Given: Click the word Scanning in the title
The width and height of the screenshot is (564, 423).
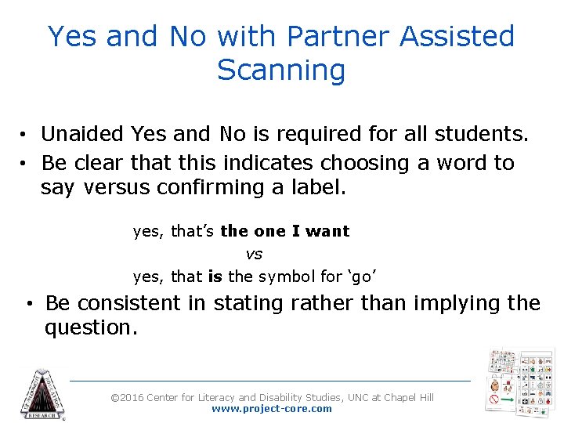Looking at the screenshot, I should point(281,70).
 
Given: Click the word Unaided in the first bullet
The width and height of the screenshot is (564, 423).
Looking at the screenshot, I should point(82,134).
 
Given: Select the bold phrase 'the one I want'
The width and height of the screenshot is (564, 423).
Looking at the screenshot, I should point(285,231).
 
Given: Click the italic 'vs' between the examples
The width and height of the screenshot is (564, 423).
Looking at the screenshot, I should point(254,254).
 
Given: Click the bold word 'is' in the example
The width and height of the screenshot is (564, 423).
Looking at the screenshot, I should point(215,277).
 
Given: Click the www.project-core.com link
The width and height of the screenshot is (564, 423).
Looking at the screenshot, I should point(272,409).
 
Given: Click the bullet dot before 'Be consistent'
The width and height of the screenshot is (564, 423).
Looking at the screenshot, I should point(27,304).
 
